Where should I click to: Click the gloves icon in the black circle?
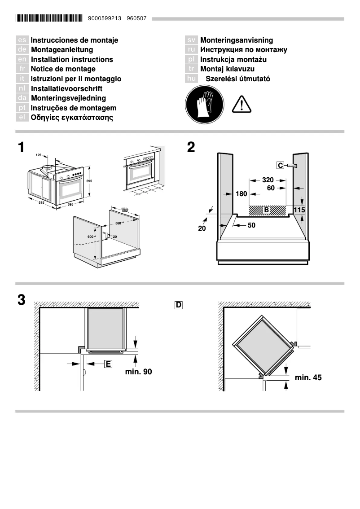click(204, 105)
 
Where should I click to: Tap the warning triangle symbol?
click(242, 105)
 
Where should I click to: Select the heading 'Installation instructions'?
click(72, 59)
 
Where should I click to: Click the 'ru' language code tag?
click(191, 50)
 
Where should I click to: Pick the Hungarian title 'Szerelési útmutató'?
click(237, 79)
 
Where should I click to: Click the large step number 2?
click(191, 148)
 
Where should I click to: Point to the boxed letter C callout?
click(280, 166)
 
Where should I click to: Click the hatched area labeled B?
click(268, 210)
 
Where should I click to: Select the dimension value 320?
click(268, 180)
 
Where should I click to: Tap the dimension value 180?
click(241, 194)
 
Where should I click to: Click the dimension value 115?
click(299, 210)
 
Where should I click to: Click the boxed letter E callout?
click(108, 364)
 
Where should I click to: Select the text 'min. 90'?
click(139, 372)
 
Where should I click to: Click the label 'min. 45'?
click(308, 377)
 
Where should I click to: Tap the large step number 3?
click(21, 300)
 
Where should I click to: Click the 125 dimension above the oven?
click(38, 155)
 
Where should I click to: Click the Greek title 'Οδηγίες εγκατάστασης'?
click(72, 118)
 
